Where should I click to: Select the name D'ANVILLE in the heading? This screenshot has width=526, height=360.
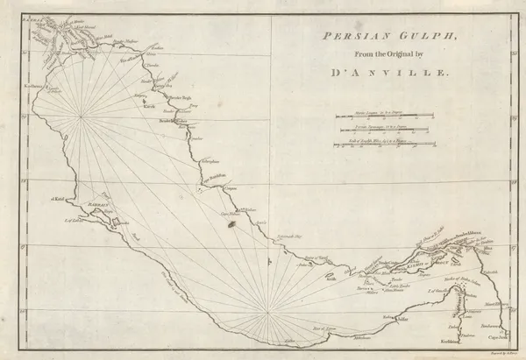(380, 74)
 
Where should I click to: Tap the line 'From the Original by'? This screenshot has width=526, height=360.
(380, 56)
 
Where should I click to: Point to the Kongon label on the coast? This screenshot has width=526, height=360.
(230, 187)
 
